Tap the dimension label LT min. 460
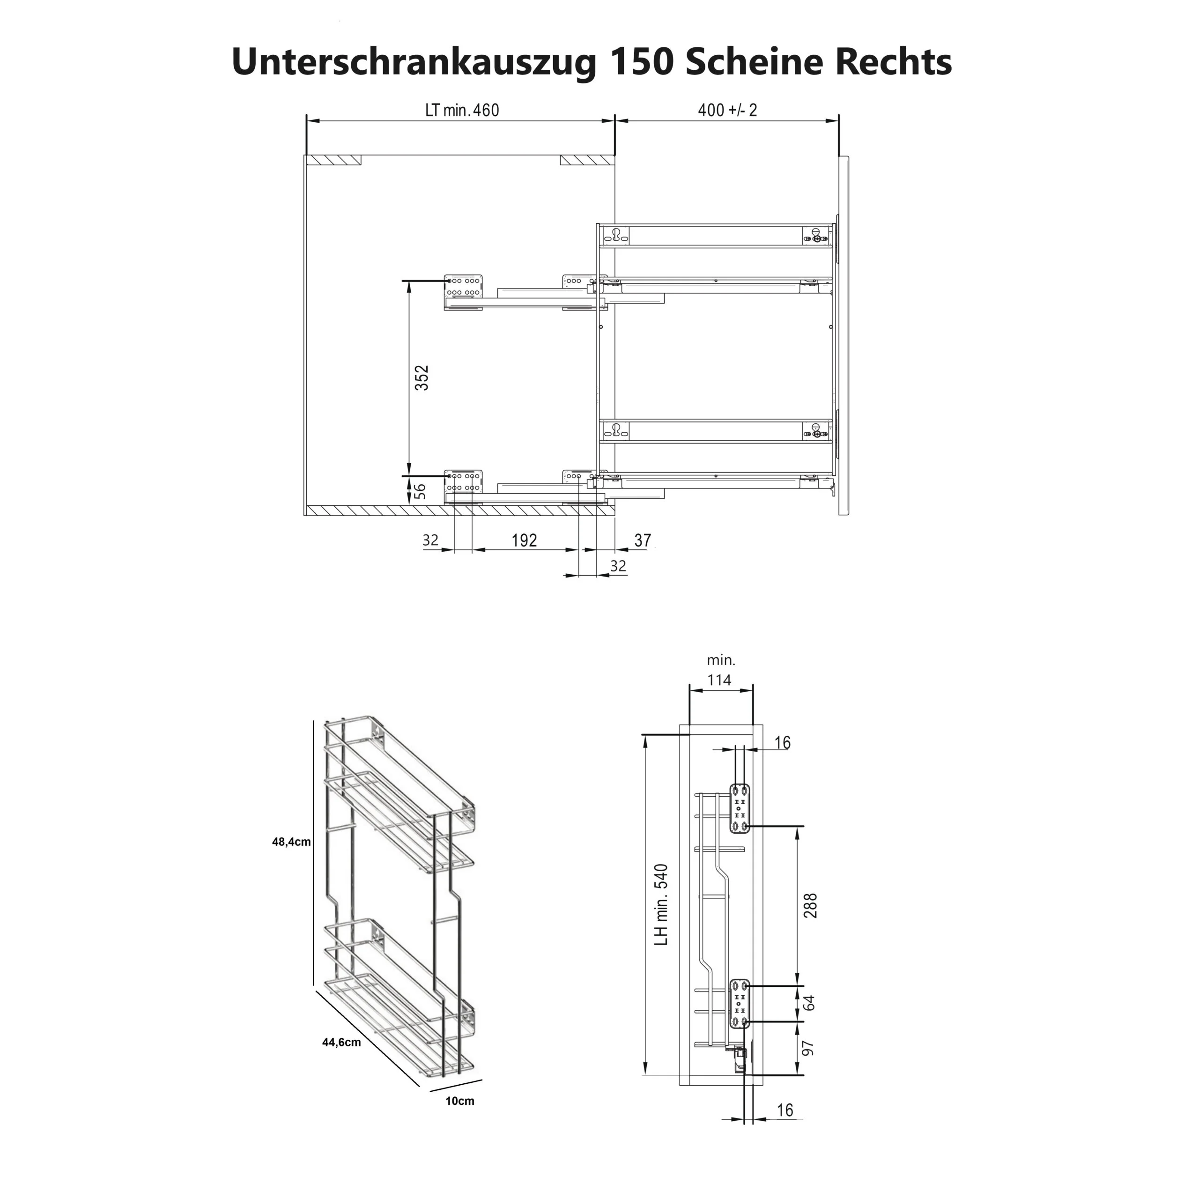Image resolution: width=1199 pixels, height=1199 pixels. point(462,111)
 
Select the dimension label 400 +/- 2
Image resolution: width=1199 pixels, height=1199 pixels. point(727,111)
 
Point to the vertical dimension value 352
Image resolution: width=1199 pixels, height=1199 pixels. point(422,378)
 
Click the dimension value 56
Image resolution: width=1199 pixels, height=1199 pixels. point(420,491)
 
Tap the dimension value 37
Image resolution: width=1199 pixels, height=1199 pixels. point(642,540)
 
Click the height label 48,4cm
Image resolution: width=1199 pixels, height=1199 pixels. point(291,842)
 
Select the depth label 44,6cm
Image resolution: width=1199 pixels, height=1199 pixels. point(341,1043)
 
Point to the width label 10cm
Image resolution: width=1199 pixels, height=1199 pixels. point(459,1101)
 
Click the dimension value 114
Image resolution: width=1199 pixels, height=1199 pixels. point(719,680)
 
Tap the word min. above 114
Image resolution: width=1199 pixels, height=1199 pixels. point(720,660)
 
